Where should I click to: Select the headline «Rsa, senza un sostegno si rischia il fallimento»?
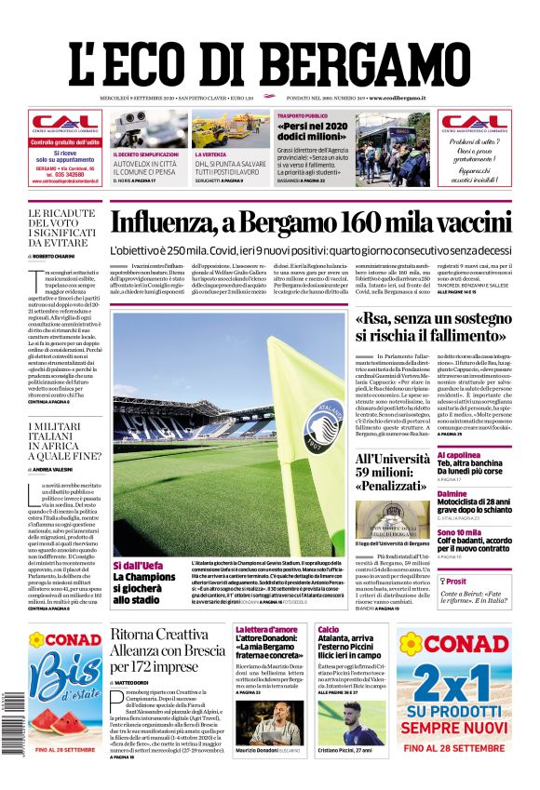(x=430, y=327)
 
